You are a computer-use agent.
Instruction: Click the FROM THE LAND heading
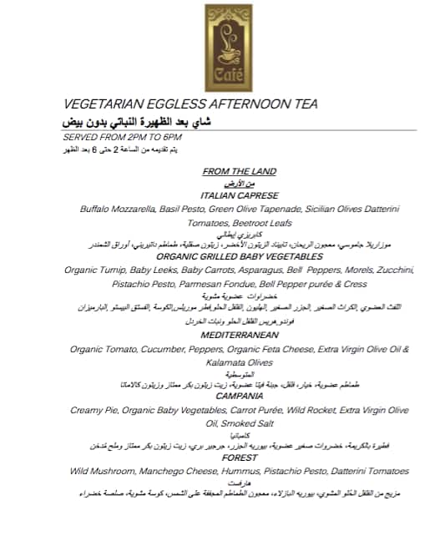pyautogui.click(x=240, y=171)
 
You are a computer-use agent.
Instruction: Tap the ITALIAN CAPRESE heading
pyautogui.click(x=240, y=195)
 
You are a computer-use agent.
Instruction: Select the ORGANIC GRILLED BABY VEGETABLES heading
pyautogui.click(x=240, y=257)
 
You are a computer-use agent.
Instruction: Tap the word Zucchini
pyautogui.click(x=392, y=270)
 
